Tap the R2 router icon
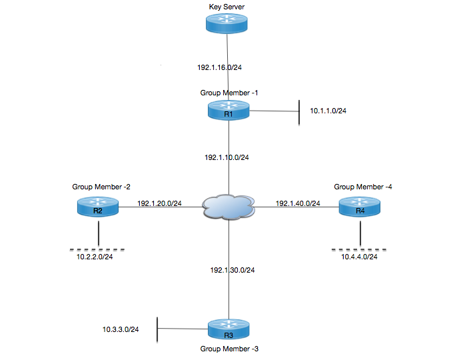(x=97, y=207)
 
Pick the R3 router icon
(x=229, y=331)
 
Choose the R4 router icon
(x=360, y=207)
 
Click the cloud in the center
(x=229, y=207)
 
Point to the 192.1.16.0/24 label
(x=220, y=67)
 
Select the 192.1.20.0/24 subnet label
(x=160, y=203)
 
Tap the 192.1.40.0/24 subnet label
(x=298, y=203)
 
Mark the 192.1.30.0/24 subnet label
(x=233, y=270)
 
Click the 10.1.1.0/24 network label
(x=328, y=111)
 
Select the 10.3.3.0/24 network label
(x=121, y=329)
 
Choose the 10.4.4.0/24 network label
(x=360, y=256)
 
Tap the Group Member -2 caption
(x=96, y=187)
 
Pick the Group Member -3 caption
(x=228, y=348)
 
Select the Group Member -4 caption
(x=363, y=187)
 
